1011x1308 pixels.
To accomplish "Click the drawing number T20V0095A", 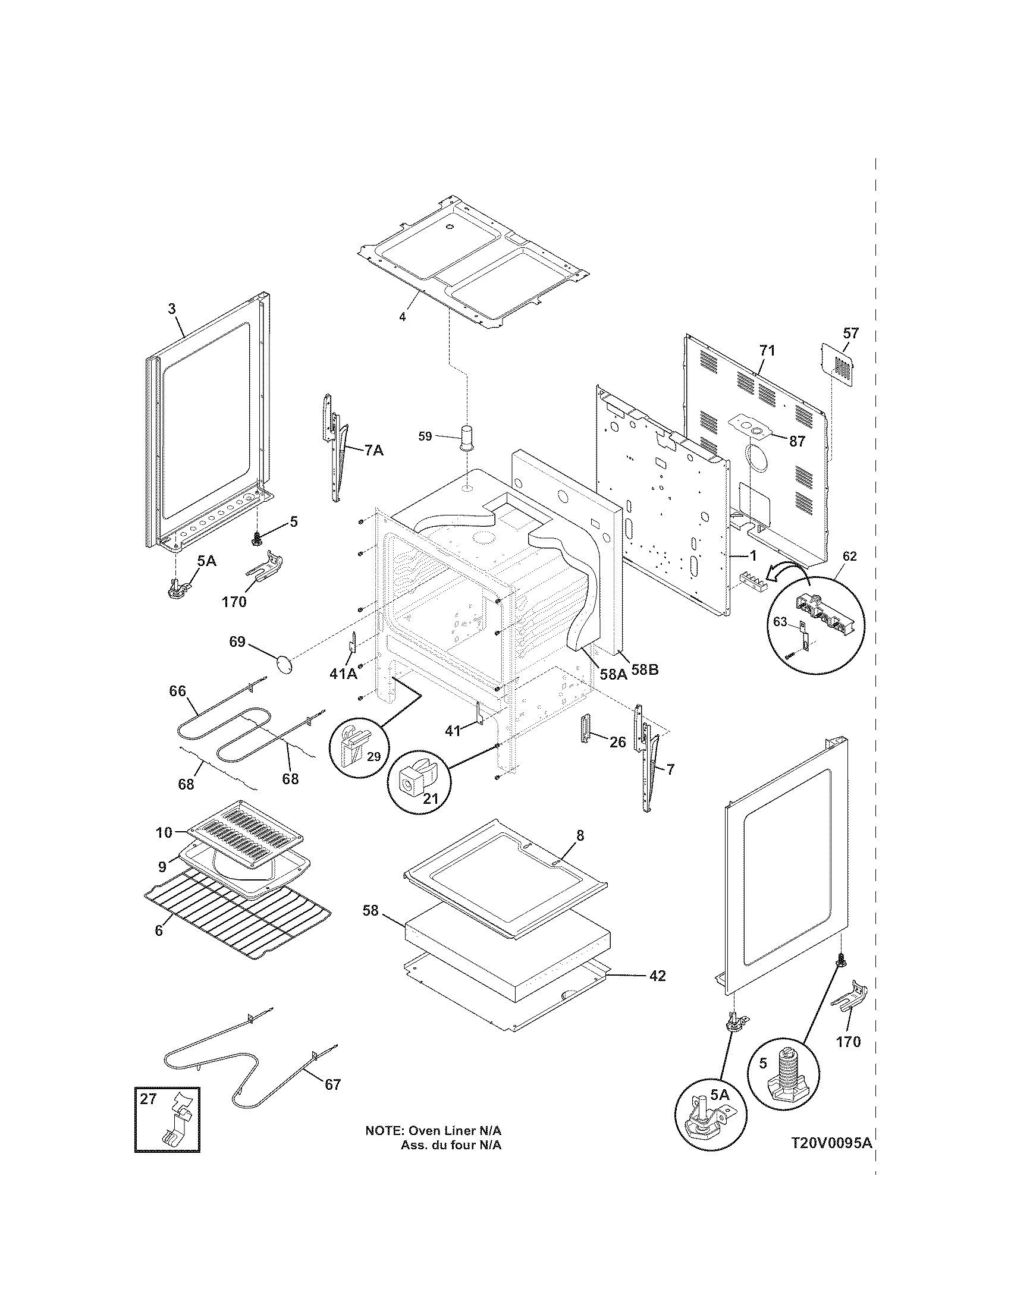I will click(831, 1159).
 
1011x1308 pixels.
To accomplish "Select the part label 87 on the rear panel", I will click(796, 441).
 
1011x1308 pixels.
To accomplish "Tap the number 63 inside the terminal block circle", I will click(780, 622).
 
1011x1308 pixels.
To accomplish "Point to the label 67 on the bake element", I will click(332, 1084).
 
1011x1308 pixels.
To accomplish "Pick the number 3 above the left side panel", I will click(171, 309).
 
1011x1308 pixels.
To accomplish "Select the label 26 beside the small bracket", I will click(617, 742).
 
